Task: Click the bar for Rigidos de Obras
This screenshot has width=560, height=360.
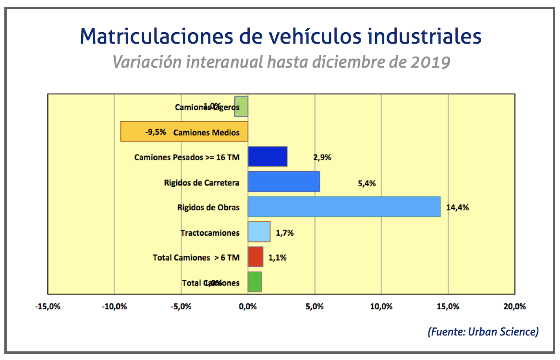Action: click(x=344, y=206)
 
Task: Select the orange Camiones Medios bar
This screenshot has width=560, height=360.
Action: click(x=184, y=132)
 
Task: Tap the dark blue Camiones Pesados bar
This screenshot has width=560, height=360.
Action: click(x=268, y=156)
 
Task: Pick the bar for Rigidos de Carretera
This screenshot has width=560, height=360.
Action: click(x=284, y=181)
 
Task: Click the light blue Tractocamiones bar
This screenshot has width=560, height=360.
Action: click(x=259, y=231)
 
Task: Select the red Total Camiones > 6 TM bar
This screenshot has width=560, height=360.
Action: click(x=256, y=257)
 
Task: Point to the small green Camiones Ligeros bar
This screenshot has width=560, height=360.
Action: click(x=241, y=107)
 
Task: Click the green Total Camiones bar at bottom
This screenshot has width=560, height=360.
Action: click(x=255, y=282)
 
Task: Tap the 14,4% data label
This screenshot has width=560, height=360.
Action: click(x=457, y=208)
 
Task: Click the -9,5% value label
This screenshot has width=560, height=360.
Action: click(x=155, y=132)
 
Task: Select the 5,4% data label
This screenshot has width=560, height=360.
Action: click(x=366, y=183)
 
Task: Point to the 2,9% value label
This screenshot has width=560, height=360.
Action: click(x=322, y=157)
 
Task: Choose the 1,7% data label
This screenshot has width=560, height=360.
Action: click(x=284, y=233)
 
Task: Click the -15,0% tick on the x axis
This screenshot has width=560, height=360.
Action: click(x=48, y=306)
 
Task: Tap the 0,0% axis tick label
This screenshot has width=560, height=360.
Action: click(x=248, y=306)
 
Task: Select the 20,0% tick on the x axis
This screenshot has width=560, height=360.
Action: click(x=514, y=306)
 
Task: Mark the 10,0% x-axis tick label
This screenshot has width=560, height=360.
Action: click(x=381, y=306)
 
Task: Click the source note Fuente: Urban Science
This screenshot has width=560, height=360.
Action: click(x=483, y=331)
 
